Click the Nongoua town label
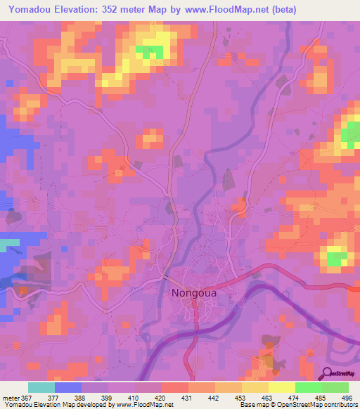pos(199,295)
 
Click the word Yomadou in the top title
pos(32,10)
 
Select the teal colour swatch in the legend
pos(41,387)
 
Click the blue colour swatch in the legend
pos(68,387)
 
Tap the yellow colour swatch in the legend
pos(281,387)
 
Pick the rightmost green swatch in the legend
pos(335,387)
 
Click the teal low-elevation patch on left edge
pos(9,244)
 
